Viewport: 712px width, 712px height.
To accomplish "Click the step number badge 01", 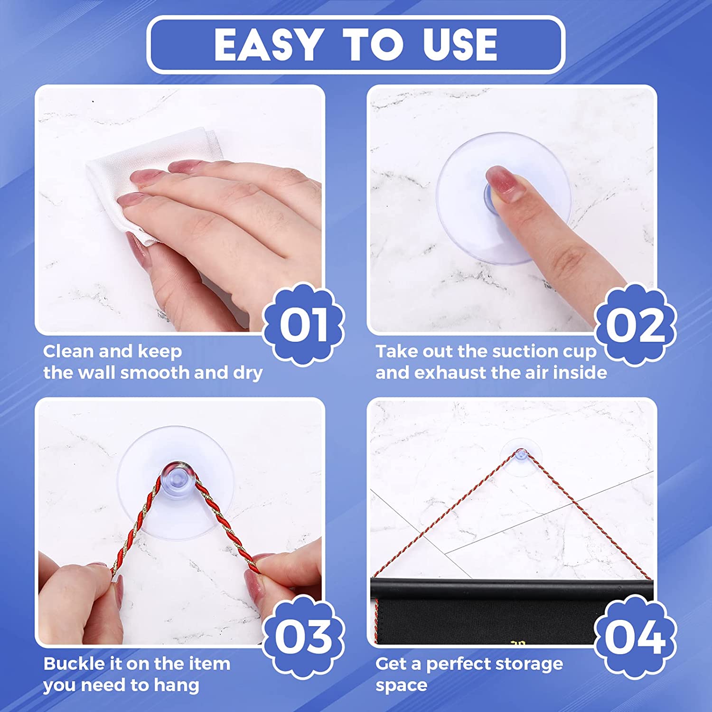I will [304, 325].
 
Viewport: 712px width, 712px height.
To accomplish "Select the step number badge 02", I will [636, 325].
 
